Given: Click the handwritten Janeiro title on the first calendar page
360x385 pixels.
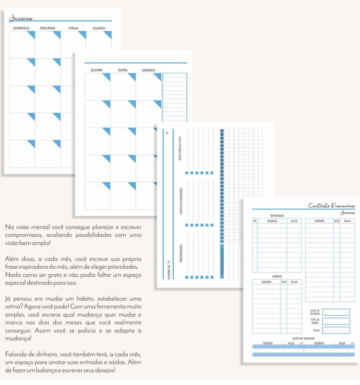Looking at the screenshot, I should coord(21,19).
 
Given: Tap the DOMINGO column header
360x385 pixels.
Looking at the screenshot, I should coord(21,28).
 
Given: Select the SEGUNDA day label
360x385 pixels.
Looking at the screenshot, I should coord(48,28).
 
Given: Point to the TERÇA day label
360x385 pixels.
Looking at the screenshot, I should coord(73,28).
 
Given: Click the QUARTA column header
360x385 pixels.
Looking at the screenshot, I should coord(99,28).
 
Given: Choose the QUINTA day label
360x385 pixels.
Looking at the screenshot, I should coord(96,70).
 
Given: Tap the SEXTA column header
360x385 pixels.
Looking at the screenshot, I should coord(123,70).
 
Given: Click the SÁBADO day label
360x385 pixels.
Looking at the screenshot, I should coord(149,70).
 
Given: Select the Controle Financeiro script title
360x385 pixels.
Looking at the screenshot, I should coord(331,206).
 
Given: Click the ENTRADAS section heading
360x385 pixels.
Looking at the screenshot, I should coord(277,216).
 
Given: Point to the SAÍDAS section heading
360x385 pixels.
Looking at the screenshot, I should coord(277,276).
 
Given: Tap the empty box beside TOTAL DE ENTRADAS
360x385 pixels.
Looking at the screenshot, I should coord(336,312).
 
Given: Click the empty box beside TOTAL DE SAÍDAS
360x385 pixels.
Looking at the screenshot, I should coord(336,321).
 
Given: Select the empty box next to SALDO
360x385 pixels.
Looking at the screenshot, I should coord(336,330).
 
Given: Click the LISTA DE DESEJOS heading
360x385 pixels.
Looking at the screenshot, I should coord(303,338).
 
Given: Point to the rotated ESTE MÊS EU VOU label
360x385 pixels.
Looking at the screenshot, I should coord(180,148).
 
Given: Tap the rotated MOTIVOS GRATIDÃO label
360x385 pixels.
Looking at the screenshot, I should coord(181,201).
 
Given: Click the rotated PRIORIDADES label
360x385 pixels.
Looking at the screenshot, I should coord(181,253).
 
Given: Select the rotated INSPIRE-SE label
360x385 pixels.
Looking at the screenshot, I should coord(169,272).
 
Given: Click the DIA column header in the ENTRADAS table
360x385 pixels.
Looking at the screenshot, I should coord(255,221).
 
